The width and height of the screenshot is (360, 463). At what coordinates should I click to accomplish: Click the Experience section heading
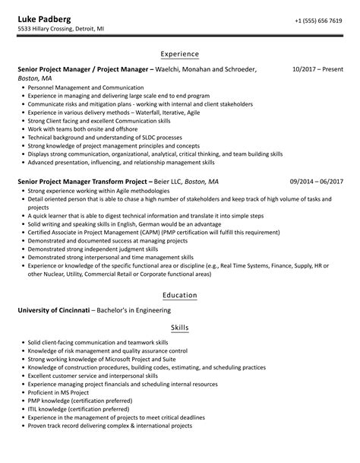(180, 55)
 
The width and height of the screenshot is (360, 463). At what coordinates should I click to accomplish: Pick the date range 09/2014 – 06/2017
(317, 182)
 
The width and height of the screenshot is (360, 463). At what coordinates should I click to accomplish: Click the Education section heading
(180, 295)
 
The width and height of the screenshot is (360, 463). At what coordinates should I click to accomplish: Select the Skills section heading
(180, 328)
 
